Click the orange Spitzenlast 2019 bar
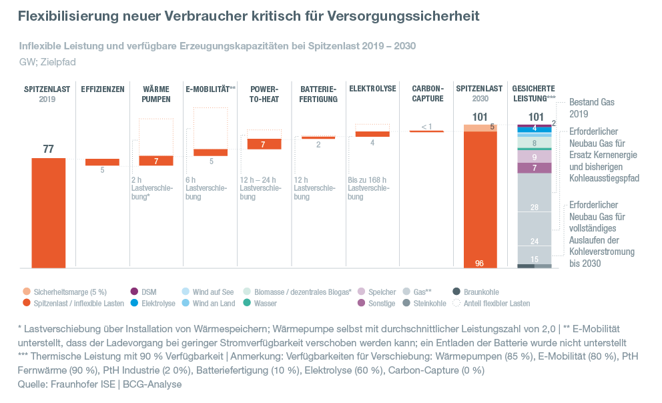pyautogui.click(x=48, y=214)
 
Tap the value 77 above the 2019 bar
pyautogui.click(x=48, y=149)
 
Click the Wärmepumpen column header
pyautogui.click(x=156, y=93)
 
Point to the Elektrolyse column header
pyautogui.click(x=372, y=89)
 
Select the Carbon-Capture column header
pyautogui.click(x=428, y=93)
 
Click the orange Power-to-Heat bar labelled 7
pyautogui.click(x=264, y=144)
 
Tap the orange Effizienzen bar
pyautogui.click(x=102, y=162)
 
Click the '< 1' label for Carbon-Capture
pyautogui.click(x=427, y=126)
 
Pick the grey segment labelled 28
pyautogui.click(x=535, y=208)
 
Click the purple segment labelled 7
pyautogui.click(x=535, y=168)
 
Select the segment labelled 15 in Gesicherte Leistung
pyautogui.click(x=535, y=259)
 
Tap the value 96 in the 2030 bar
pyautogui.click(x=479, y=264)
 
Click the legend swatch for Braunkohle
pyautogui.click(x=456, y=292)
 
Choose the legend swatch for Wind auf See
pyautogui.click(x=186, y=292)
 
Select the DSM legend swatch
pyautogui.click(x=134, y=292)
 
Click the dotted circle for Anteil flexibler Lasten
pyautogui.click(x=456, y=303)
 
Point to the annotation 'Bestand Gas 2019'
pyautogui.click(x=591, y=108)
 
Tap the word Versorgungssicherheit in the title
pyautogui.click(x=406, y=15)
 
